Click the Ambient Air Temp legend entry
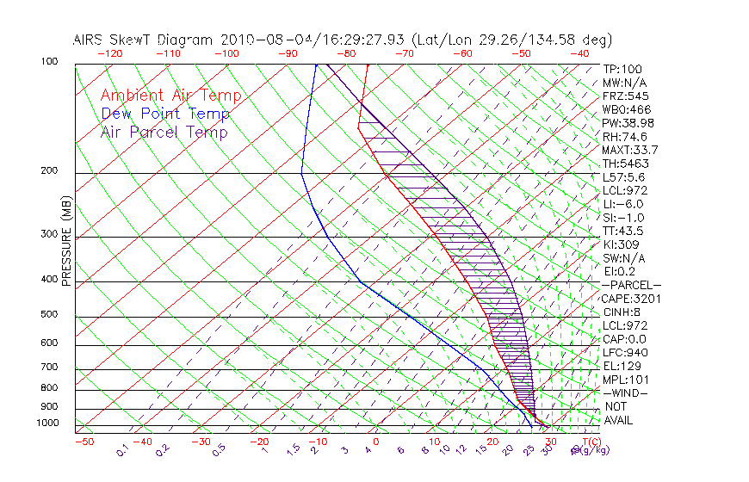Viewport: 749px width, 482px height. (170, 96)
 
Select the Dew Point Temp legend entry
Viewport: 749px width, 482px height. (165, 114)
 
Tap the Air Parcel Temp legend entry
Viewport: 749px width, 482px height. (164, 132)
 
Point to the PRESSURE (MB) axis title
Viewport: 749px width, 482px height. (66, 240)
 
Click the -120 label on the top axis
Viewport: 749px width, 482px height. (109, 53)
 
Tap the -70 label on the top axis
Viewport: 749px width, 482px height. (405, 53)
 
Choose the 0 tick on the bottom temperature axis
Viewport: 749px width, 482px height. (375, 442)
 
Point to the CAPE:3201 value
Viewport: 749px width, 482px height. (631, 299)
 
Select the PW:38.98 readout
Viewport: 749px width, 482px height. (628, 123)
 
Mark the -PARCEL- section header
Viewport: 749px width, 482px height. (631, 285)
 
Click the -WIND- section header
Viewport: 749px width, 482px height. (626, 393)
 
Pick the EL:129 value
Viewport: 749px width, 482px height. (622, 366)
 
